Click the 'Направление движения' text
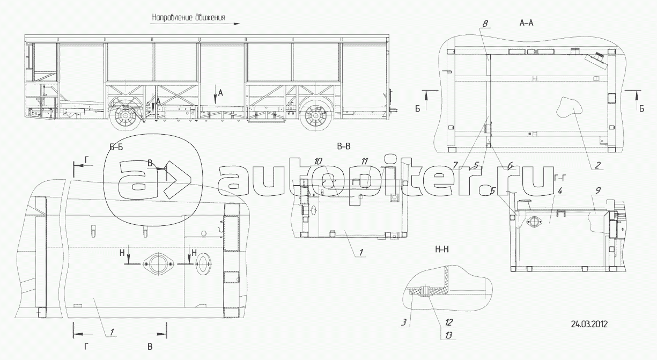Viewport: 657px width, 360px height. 189,18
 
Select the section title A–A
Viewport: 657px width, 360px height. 526,23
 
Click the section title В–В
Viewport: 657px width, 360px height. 343,146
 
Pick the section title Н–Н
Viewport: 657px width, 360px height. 442,249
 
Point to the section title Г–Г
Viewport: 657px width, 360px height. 560,178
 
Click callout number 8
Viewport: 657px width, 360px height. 485,24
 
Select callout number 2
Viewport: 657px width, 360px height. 597,165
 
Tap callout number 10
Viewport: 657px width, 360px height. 318,161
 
